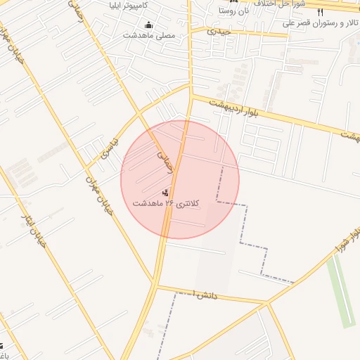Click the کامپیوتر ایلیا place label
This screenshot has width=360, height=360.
tap(150, 9)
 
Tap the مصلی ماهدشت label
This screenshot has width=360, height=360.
tap(149, 35)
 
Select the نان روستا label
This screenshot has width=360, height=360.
tap(234, 11)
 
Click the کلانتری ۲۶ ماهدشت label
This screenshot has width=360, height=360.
tap(166, 203)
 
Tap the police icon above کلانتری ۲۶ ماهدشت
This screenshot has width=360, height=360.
tap(166, 192)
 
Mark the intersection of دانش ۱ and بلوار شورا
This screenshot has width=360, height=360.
tap(268, 304)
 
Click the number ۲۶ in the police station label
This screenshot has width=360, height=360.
tap(169, 203)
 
